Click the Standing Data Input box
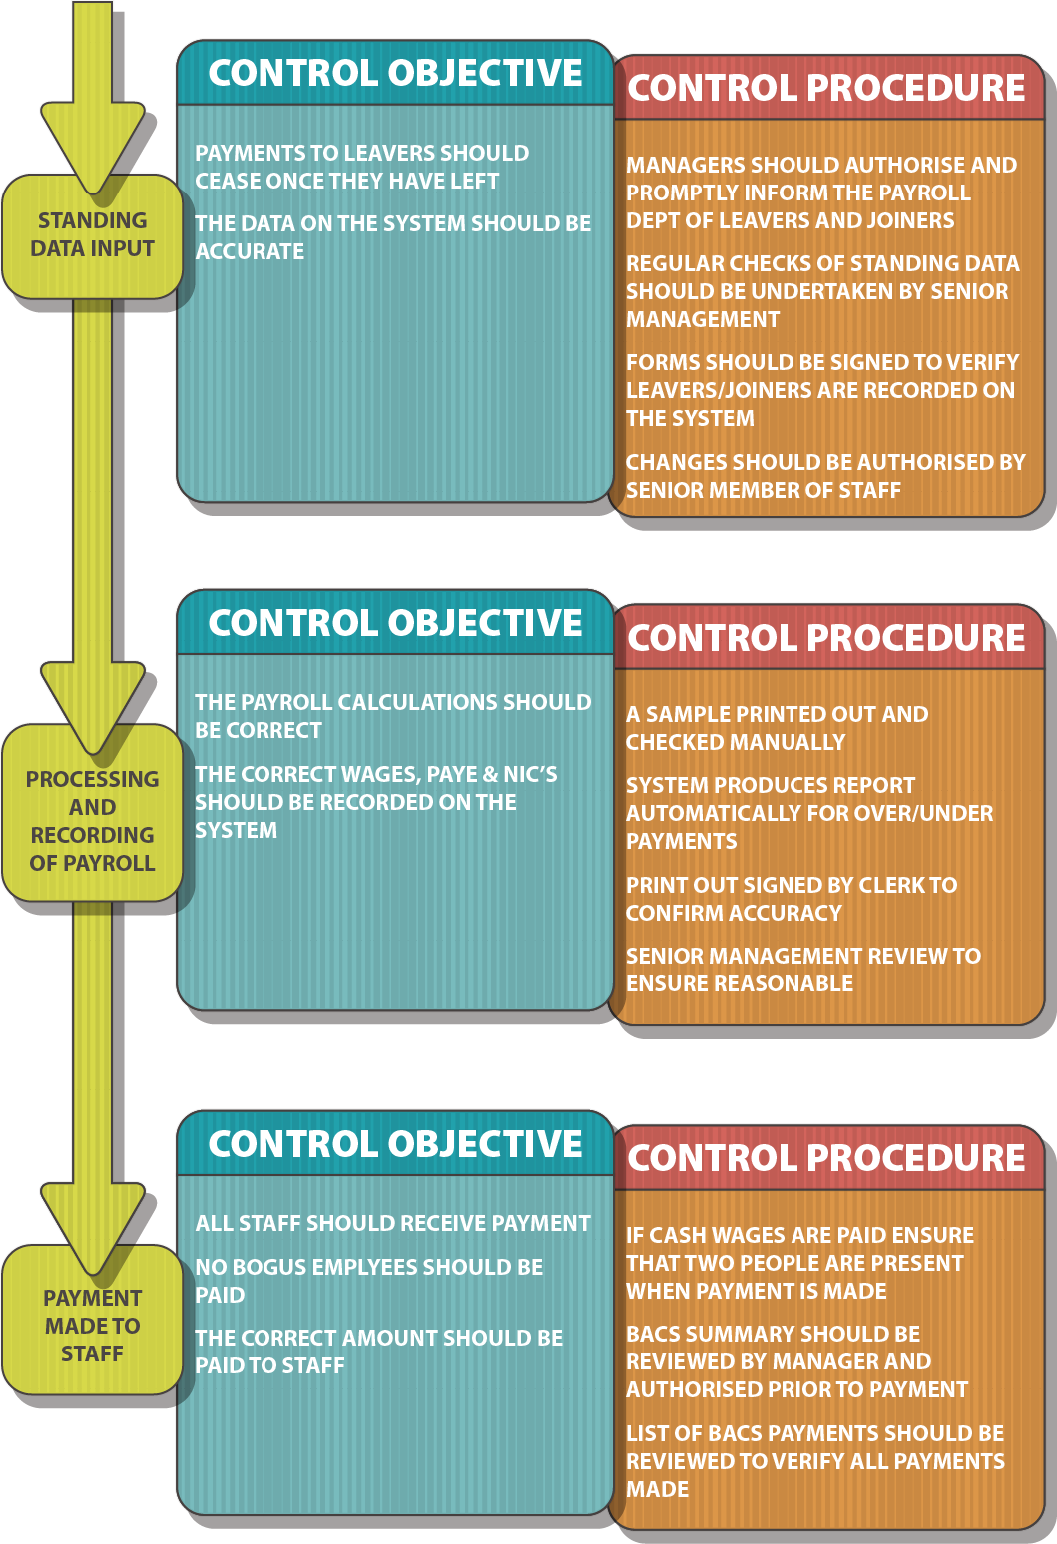point(92,235)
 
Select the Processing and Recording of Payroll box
point(92,820)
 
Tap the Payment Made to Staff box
point(92,1326)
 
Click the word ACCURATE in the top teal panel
point(250,252)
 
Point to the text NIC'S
point(530,775)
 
